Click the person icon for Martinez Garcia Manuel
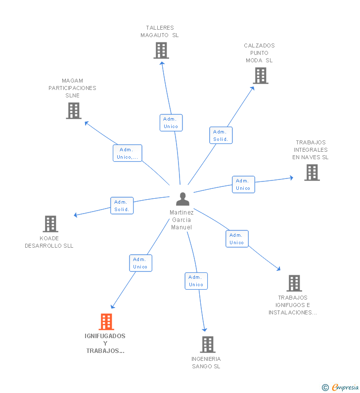[x=182, y=199]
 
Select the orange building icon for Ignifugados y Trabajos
[x=106, y=322]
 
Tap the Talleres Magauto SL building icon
[x=161, y=50]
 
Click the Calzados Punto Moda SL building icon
[x=261, y=76]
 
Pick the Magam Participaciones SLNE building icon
[x=74, y=111]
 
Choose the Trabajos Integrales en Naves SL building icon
[x=312, y=173]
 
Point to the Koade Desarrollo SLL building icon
[x=50, y=224]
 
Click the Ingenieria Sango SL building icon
[x=208, y=345]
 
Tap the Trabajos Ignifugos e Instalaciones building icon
[x=294, y=283]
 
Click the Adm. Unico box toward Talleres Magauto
[x=171, y=123]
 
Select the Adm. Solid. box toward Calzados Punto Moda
[x=221, y=135]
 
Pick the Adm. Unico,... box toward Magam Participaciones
[x=127, y=153]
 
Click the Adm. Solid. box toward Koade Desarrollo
[x=122, y=206]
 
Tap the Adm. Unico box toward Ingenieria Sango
[x=196, y=281]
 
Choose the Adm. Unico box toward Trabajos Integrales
[x=243, y=184]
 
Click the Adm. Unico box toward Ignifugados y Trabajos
[x=140, y=263]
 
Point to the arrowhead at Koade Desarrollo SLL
[x=76, y=215]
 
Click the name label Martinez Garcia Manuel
[x=181, y=220]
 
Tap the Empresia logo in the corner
[x=340, y=388]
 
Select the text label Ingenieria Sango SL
[x=206, y=363]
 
